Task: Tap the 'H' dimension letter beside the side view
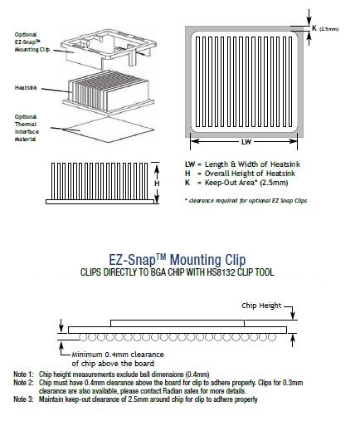(x=157, y=182)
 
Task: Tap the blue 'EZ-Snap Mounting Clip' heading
(x=180, y=258)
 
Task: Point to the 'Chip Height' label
(x=260, y=306)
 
